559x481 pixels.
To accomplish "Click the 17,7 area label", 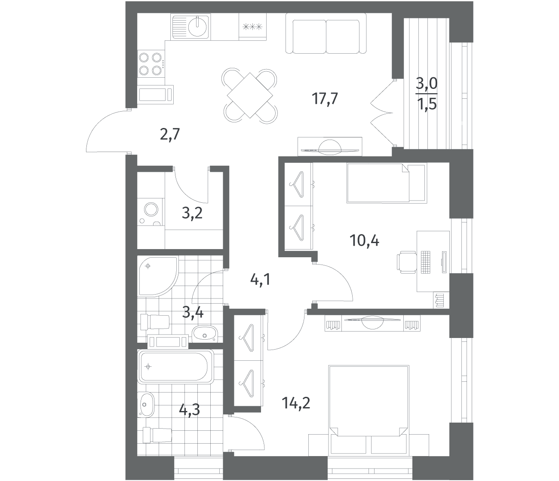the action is [x=325, y=98].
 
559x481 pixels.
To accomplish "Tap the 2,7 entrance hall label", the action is [x=170, y=134].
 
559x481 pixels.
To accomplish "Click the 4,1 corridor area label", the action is [x=260, y=280].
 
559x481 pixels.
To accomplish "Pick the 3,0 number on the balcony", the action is [x=427, y=84].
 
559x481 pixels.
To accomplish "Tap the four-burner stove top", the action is [x=151, y=64].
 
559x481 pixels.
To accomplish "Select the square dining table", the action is [x=250, y=95].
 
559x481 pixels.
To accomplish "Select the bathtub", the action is [x=175, y=366].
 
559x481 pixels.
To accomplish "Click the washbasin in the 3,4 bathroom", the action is [x=205, y=334].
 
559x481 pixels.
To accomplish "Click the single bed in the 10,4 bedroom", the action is [x=387, y=183].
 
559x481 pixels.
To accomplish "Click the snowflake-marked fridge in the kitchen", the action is [x=252, y=27].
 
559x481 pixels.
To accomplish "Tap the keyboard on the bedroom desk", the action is [x=425, y=262].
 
